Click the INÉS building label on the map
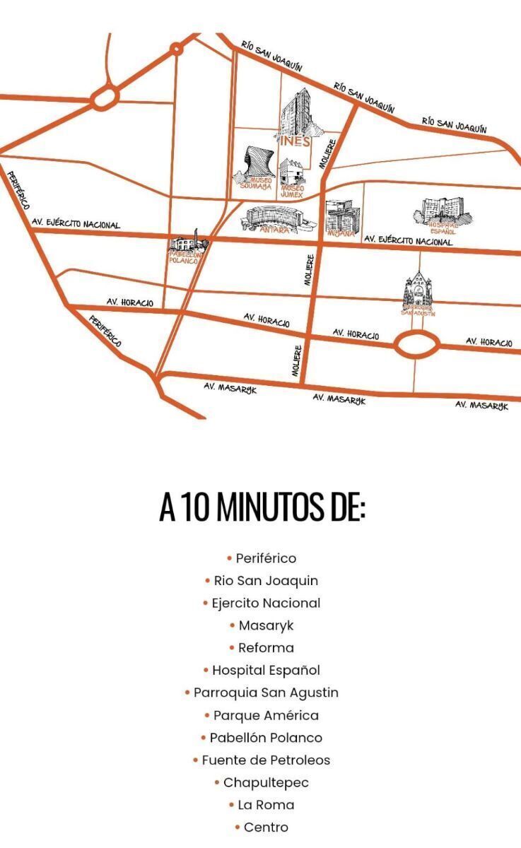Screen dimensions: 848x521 [295, 141]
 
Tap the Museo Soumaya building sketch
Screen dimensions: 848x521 [256, 164]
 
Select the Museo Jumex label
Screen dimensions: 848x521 [293, 190]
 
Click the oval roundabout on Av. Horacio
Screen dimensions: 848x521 [415, 346]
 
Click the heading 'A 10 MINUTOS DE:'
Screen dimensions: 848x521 [262, 507]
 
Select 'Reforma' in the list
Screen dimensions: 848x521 [266, 647]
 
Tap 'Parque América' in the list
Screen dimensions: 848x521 [266, 715]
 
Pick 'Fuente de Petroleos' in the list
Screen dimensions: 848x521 [266, 760]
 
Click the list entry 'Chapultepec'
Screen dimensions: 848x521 [266, 782]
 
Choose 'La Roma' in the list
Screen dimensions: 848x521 [266, 805]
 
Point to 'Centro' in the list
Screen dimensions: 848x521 [266, 827]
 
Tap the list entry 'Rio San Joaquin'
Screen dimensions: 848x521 [266, 580]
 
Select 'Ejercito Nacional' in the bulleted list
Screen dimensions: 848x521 [266, 603]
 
